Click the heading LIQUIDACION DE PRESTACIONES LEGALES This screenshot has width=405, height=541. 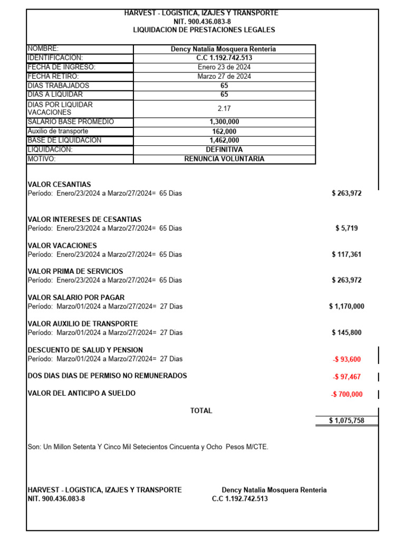[204, 30]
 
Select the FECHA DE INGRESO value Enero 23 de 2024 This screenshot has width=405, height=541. [224, 67]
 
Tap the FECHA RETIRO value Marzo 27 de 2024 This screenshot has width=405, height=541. [224, 77]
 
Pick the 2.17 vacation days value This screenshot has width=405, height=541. [224, 108]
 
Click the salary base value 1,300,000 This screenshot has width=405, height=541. [224, 122]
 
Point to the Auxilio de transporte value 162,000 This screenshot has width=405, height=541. [224, 132]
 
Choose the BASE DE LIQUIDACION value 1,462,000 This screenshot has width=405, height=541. [224, 141]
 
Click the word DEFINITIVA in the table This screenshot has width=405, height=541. [224, 150]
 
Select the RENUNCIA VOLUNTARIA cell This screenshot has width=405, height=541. [224, 159]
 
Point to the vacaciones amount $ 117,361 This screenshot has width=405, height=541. [346, 254]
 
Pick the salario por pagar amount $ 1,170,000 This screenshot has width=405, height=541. [346, 306]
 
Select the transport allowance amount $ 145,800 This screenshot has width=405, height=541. [346, 332]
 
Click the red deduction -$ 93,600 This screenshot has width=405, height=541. [347, 359]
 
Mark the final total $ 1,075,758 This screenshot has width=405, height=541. [346, 421]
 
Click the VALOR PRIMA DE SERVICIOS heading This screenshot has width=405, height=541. [75, 272]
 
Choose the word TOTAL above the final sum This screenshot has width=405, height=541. [201, 411]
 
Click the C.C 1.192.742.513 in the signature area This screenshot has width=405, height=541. [240, 499]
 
